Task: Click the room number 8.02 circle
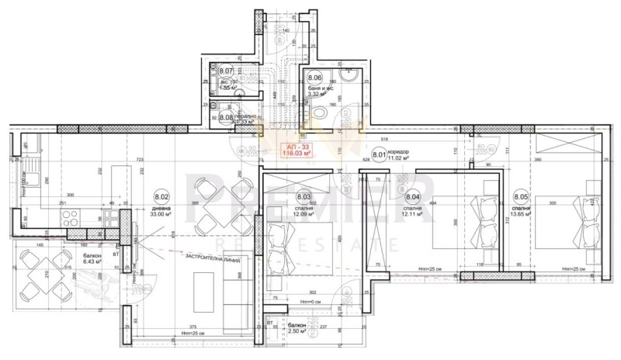pyautogui.click(x=161, y=197)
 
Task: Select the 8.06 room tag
pyautogui.click(x=314, y=78)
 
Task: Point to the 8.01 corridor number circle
pyautogui.click(x=380, y=154)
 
